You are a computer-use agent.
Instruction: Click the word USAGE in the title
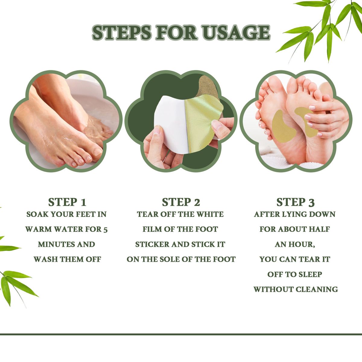tap(237, 33)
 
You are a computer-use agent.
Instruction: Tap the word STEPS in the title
tap(122, 33)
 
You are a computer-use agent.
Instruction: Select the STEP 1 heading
tap(67, 202)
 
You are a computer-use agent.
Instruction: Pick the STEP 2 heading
tap(181, 202)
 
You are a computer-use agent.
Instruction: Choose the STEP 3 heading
tap(295, 202)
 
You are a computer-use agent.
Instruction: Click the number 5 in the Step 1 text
tap(105, 230)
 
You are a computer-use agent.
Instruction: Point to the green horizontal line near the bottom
tap(181, 334)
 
